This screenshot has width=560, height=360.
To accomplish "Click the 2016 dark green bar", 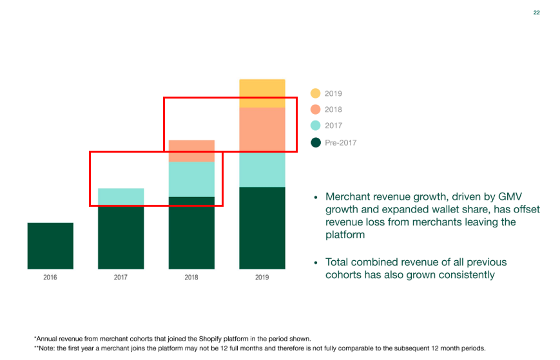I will pyautogui.click(x=50, y=245).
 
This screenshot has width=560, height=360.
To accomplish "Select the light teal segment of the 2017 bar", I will pyautogui.click(x=121, y=197).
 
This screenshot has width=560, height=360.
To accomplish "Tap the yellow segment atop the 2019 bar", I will pyautogui.click(x=262, y=93).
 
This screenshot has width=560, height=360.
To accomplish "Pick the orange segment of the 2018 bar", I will pyautogui.click(x=191, y=151).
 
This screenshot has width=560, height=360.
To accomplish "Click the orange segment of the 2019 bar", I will pyautogui.click(x=262, y=130).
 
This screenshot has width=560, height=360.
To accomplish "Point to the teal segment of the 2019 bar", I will pyautogui.click(x=262, y=169).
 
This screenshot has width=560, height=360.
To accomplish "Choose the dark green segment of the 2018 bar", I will pyautogui.click(x=191, y=232).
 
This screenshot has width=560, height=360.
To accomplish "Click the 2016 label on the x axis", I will pyautogui.click(x=50, y=278).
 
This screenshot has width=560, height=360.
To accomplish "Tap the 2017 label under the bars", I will pyautogui.click(x=121, y=278).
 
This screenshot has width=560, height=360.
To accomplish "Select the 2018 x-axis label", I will pyautogui.click(x=191, y=278).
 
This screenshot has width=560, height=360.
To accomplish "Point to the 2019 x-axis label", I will pyautogui.click(x=262, y=278).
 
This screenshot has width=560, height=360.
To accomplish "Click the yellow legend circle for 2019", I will pyautogui.click(x=315, y=93).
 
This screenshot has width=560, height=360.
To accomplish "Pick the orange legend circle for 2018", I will pyautogui.click(x=315, y=109).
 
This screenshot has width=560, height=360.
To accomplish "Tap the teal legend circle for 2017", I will pyautogui.click(x=315, y=126).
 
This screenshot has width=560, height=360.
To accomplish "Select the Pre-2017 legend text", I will pyautogui.click(x=340, y=142).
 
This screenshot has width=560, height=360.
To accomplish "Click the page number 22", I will pyautogui.click(x=536, y=13).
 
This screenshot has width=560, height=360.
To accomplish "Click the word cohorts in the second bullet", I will pyautogui.click(x=347, y=275).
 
